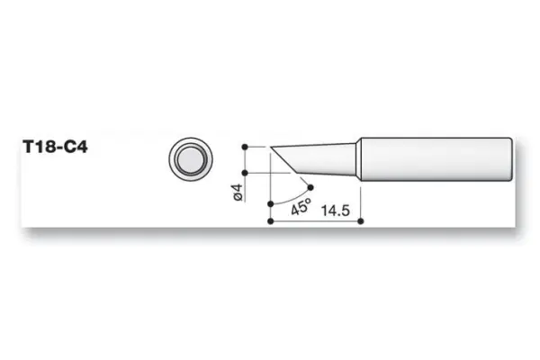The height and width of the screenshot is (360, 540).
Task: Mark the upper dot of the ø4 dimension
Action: tap(247, 145)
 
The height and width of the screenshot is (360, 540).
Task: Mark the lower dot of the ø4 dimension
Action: tap(247, 173)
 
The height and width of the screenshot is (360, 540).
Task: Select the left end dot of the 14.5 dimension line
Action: tap(271, 219)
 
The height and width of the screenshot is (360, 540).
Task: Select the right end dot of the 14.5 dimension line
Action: tap(360, 219)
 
